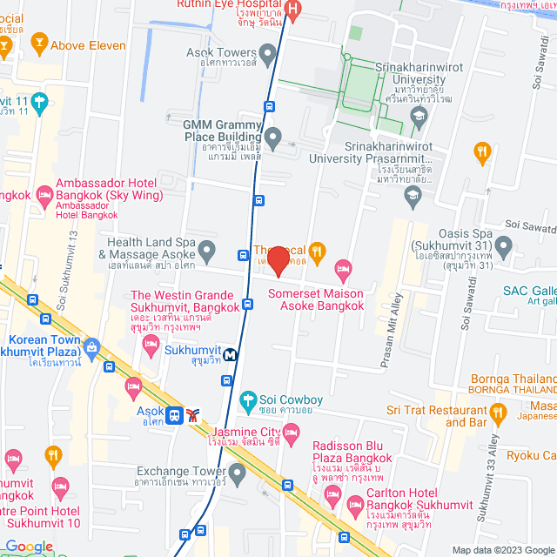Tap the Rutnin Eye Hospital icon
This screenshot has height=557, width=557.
(293, 10)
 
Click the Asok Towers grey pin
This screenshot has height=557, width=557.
(268, 53)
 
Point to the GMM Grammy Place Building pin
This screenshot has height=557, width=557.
(273, 137)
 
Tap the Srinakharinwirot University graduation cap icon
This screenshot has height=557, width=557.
(419, 116)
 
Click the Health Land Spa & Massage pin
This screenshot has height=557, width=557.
(206, 252)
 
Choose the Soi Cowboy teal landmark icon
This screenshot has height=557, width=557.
(248, 400)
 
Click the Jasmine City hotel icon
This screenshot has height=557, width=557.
(292, 432)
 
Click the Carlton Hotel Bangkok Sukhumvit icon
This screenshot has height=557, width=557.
(355, 505)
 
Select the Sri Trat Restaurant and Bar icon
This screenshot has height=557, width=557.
(498, 410)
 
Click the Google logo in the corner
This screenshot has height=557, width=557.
(29, 547)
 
